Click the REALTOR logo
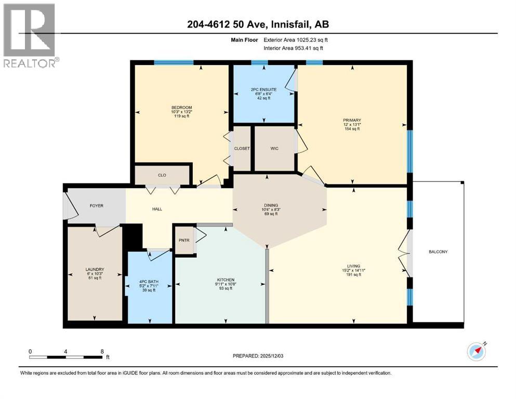(x=30, y=35)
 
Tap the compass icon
(x=477, y=352)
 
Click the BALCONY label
(x=438, y=252)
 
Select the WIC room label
(x=274, y=149)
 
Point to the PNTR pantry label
(x=183, y=240)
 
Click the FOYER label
(x=96, y=206)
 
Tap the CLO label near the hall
(x=162, y=175)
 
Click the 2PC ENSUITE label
(x=263, y=89)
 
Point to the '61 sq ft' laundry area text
(x=94, y=278)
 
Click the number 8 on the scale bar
(x=102, y=351)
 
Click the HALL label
(x=157, y=209)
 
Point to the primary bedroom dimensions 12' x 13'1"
(x=351, y=124)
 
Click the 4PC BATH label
(x=149, y=282)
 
